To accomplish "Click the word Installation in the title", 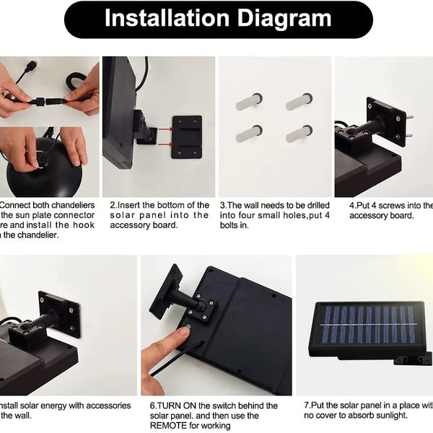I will point(165,19).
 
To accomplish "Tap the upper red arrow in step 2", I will point(162,131).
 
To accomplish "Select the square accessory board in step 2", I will point(186,136).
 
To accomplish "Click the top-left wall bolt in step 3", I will point(249,102).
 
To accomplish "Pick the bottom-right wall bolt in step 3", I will point(299,134).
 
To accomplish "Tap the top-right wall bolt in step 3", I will point(299,102).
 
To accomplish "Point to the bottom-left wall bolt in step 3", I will point(249,134).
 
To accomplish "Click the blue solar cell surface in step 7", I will point(368,324).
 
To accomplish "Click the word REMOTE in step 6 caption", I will point(170,426).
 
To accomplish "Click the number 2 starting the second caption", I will point(113,205).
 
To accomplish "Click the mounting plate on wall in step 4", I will point(385,119).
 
